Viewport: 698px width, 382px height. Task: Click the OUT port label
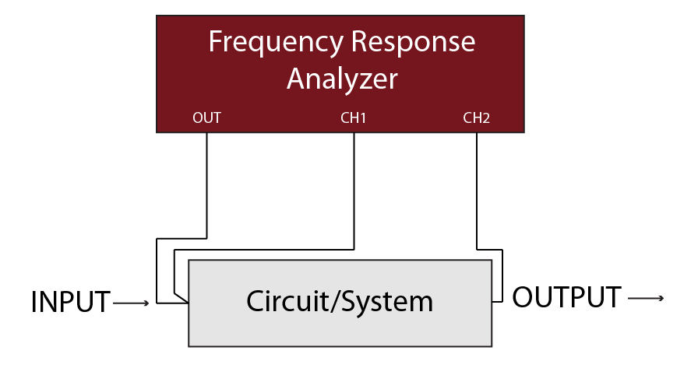(206, 118)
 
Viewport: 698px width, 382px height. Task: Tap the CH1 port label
(354, 118)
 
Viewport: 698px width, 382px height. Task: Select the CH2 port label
(476, 118)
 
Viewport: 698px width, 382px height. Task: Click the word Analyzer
(342, 79)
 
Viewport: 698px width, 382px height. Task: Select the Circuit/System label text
(340, 301)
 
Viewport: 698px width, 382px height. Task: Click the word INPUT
(70, 302)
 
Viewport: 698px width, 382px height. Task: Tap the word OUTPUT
(566, 297)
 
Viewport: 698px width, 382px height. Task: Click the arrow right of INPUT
(131, 303)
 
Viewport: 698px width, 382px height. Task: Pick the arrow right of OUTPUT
(646, 298)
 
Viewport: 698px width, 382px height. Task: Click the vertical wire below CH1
(354, 191)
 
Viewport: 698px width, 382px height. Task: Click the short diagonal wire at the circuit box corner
(182, 296)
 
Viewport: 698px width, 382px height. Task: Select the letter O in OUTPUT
(523, 297)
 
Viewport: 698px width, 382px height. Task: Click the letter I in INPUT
(34, 302)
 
